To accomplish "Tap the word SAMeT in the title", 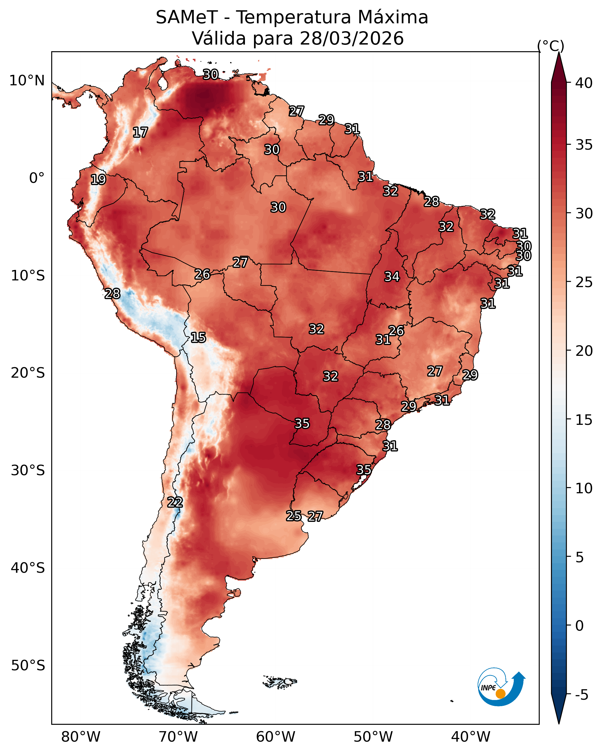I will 187,17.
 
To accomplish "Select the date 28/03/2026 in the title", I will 352,38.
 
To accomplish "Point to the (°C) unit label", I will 550,46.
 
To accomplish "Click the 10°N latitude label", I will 27,81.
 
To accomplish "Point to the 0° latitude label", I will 37,178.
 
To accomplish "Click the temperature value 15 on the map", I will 198,337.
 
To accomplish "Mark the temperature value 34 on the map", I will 392,277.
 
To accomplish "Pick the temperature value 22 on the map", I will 175,502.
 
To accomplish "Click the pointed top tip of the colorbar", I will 559,53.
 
